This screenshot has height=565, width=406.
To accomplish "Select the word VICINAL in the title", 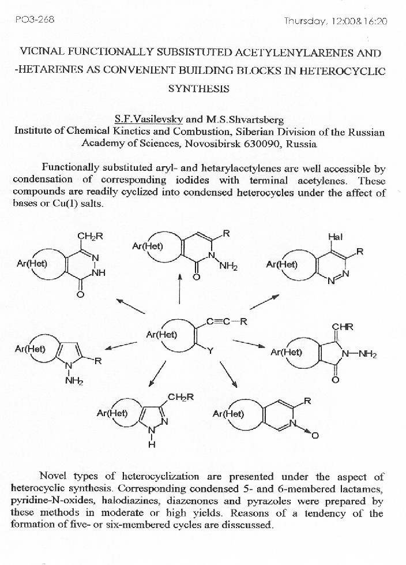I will [x=42, y=53].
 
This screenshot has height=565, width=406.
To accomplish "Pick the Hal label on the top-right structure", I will [x=335, y=237].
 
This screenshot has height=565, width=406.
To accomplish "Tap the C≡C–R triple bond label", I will [x=226, y=322].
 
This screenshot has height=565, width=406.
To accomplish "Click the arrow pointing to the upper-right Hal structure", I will [x=265, y=301].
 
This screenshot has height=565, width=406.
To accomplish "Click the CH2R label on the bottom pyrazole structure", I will [x=181, y=397].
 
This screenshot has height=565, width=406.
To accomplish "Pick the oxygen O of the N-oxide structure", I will [x=315, y=436].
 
